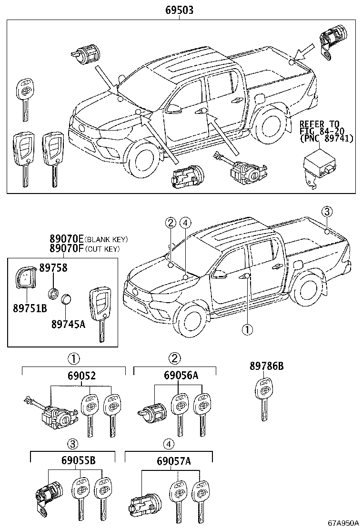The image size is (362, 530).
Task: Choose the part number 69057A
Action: [x=174, y=461]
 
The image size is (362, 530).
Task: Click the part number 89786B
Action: [x=267, y=366]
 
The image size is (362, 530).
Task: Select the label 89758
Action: [x=53, y=268]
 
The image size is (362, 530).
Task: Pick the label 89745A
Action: [x=69, y=324]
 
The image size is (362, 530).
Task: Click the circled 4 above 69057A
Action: [x=168, y=444]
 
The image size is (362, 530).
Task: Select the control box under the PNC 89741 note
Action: [x=318, y=168]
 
